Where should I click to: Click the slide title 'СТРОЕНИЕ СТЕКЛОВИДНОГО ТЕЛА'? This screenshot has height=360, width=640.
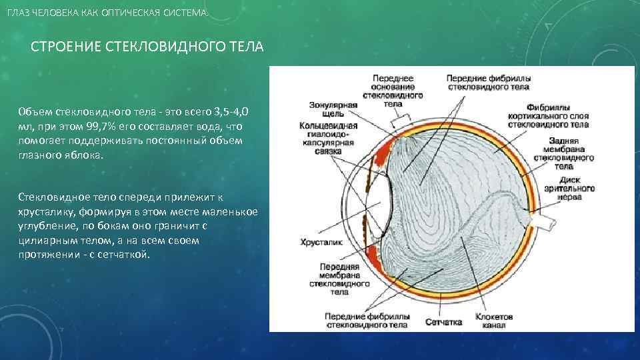147,48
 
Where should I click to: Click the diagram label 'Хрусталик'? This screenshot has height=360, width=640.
321,243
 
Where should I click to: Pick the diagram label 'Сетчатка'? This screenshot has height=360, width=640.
443,321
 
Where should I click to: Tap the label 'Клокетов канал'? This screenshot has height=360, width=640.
494,321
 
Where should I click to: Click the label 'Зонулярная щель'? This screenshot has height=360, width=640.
333,109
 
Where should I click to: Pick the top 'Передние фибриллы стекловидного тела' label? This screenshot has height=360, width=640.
488,82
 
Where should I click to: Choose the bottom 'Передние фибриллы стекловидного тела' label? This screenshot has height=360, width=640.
366,321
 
